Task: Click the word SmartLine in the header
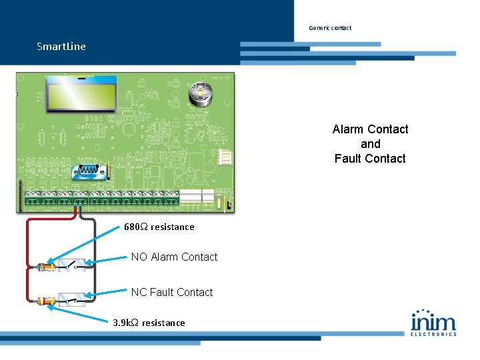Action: pos(61,47)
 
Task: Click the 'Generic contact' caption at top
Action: pos(330,28)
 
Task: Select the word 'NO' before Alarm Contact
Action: pos(139,257)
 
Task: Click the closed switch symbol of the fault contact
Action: pos(72,299)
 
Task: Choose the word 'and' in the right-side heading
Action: pos(370,144)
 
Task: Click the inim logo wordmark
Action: pos(433,321)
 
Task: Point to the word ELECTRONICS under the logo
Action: pos(433,334)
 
